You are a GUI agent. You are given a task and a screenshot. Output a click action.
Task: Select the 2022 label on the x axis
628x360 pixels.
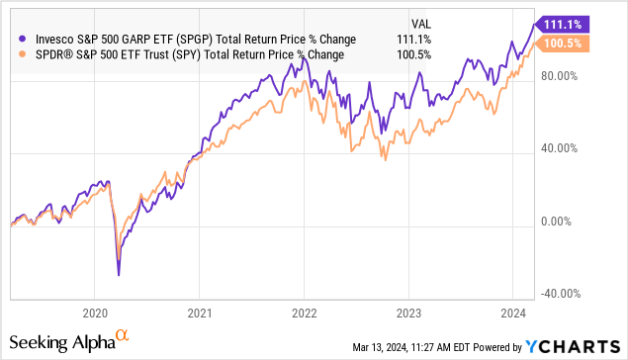[x=305, y=312]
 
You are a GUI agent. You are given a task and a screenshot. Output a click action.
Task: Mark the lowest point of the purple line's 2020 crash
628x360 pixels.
[x=119, y=275]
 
